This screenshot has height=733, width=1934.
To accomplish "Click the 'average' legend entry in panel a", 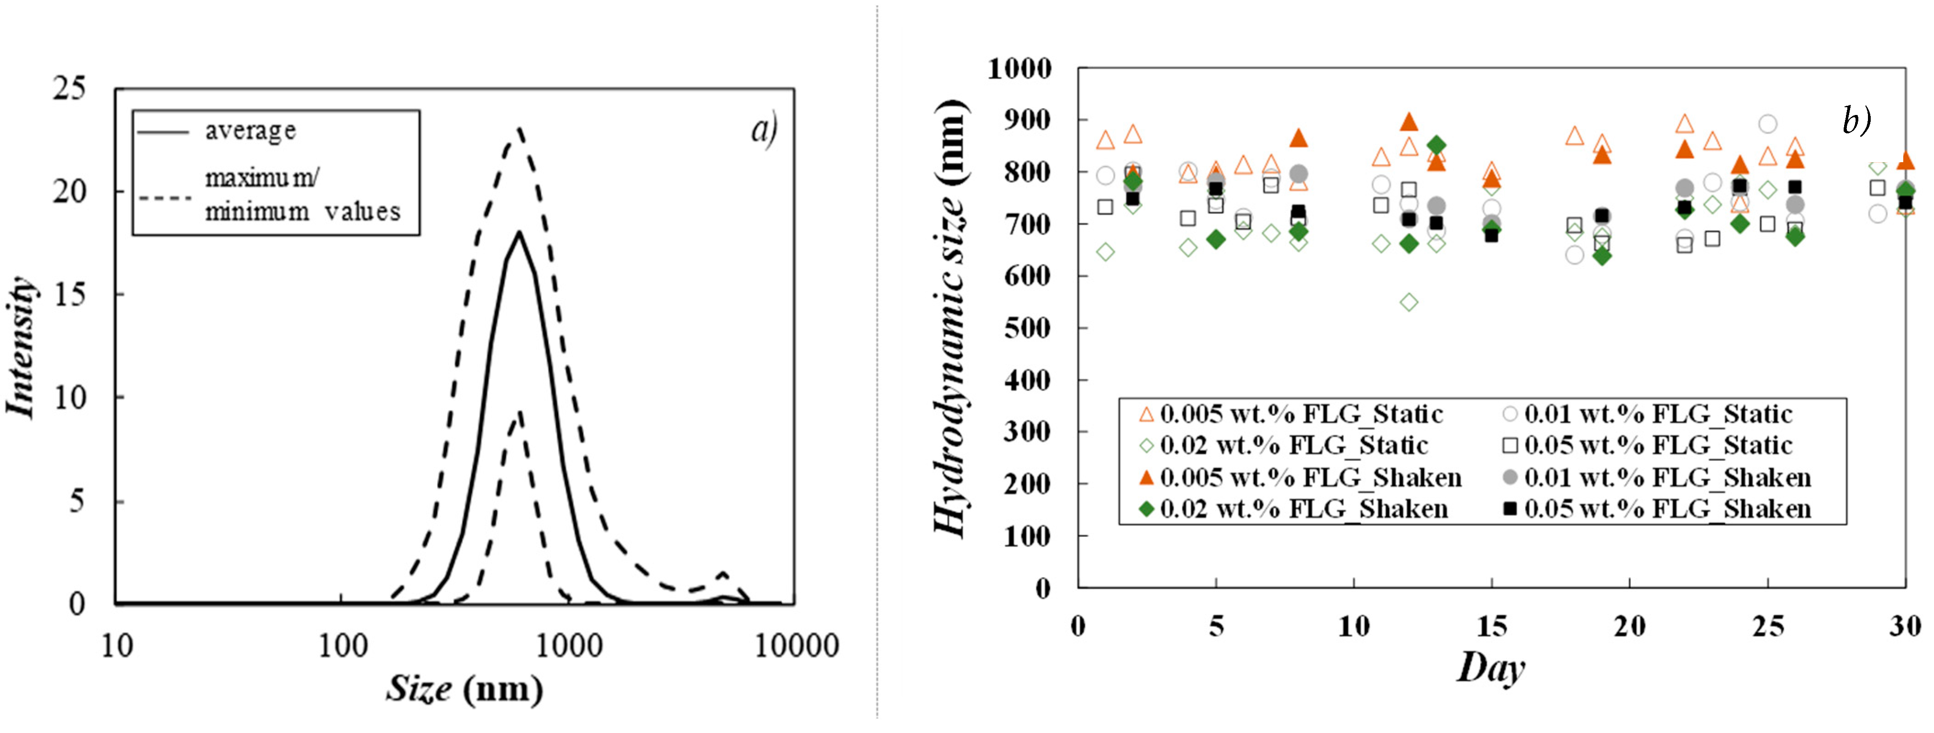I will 250,131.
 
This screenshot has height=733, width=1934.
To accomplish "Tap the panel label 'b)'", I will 1856,120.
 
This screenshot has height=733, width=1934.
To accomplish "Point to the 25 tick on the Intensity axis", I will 69,88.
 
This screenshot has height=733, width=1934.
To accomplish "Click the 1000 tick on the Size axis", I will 568,645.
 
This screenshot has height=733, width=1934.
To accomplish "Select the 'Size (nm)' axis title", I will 464,689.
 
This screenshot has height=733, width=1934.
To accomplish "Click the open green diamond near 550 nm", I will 1409,302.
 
